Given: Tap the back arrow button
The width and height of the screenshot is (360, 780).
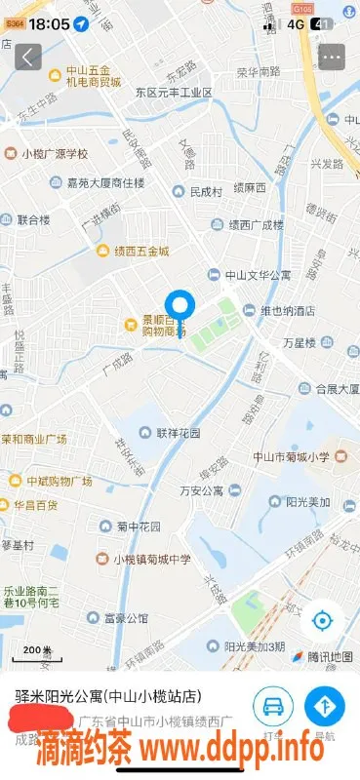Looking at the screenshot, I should coord(28,57).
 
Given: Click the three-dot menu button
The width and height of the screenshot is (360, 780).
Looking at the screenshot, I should coord(332,57).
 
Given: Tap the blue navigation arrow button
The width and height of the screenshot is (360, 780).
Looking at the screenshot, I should coord(324,704).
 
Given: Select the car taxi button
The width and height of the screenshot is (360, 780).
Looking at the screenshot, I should coord(273,704).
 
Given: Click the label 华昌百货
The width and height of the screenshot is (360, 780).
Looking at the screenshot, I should coord(35,505).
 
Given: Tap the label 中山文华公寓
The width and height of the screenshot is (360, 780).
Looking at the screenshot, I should coord(256,276).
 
